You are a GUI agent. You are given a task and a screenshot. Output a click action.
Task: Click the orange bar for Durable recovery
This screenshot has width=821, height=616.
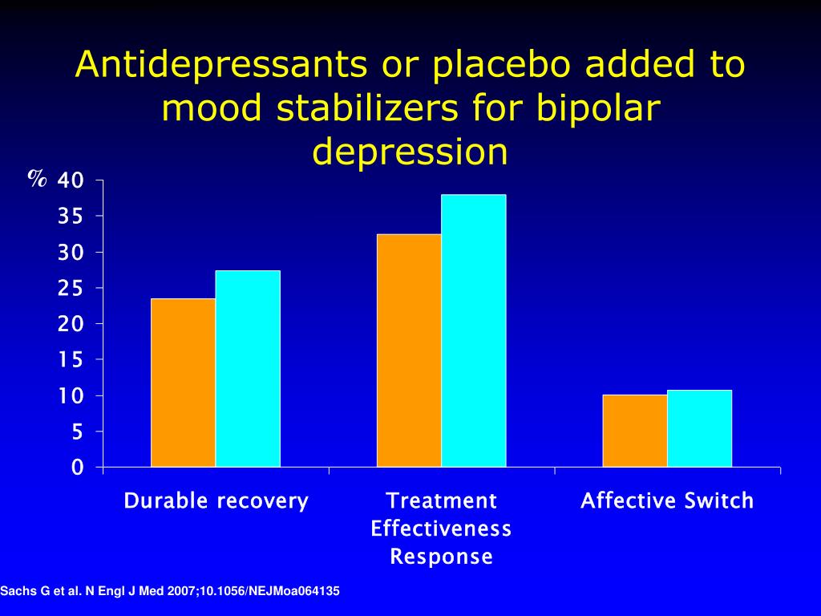pos(184,383)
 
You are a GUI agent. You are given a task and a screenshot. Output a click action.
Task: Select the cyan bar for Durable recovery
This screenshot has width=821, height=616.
pos(249,368)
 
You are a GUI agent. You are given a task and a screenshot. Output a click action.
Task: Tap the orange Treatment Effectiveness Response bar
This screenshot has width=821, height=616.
pos(409,351)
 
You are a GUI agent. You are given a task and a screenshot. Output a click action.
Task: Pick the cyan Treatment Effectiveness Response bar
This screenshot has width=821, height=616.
pos(474,330)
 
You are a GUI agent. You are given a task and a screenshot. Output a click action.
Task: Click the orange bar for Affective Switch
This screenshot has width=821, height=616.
pos(635,431)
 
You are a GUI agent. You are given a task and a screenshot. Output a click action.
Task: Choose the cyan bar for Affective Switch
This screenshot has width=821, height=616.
pos(699,428)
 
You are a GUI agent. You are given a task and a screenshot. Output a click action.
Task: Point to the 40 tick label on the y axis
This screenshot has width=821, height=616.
pos(71,180)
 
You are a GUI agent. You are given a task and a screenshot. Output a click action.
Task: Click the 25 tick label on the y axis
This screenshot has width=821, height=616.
pos(71,288)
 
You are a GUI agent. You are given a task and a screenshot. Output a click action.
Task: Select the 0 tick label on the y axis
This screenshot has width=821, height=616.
pos(78,467)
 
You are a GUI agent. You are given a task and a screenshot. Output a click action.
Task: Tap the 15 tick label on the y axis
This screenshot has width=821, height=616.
pos(71,359)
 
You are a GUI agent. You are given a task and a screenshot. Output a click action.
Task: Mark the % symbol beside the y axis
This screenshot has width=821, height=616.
pos(37,179)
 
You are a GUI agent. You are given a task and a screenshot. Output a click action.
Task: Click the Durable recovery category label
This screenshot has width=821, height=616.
pos(216,500)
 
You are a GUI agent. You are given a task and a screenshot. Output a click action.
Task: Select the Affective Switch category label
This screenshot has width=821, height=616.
pos(667,500)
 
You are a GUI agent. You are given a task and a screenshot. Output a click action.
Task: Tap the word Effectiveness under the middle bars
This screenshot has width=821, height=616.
pos(441,529)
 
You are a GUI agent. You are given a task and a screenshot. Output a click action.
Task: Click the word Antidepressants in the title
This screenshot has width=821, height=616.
pos(221,65)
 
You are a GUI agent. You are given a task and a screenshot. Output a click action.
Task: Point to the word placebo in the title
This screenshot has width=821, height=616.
pos(501,65)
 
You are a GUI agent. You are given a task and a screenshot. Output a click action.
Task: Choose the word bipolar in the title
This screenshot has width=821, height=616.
pos(600,109)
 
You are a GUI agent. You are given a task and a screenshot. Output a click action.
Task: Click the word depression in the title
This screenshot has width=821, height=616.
pos(410,152)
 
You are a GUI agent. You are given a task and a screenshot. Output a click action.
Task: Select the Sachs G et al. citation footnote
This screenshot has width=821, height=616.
pos(170,591)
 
